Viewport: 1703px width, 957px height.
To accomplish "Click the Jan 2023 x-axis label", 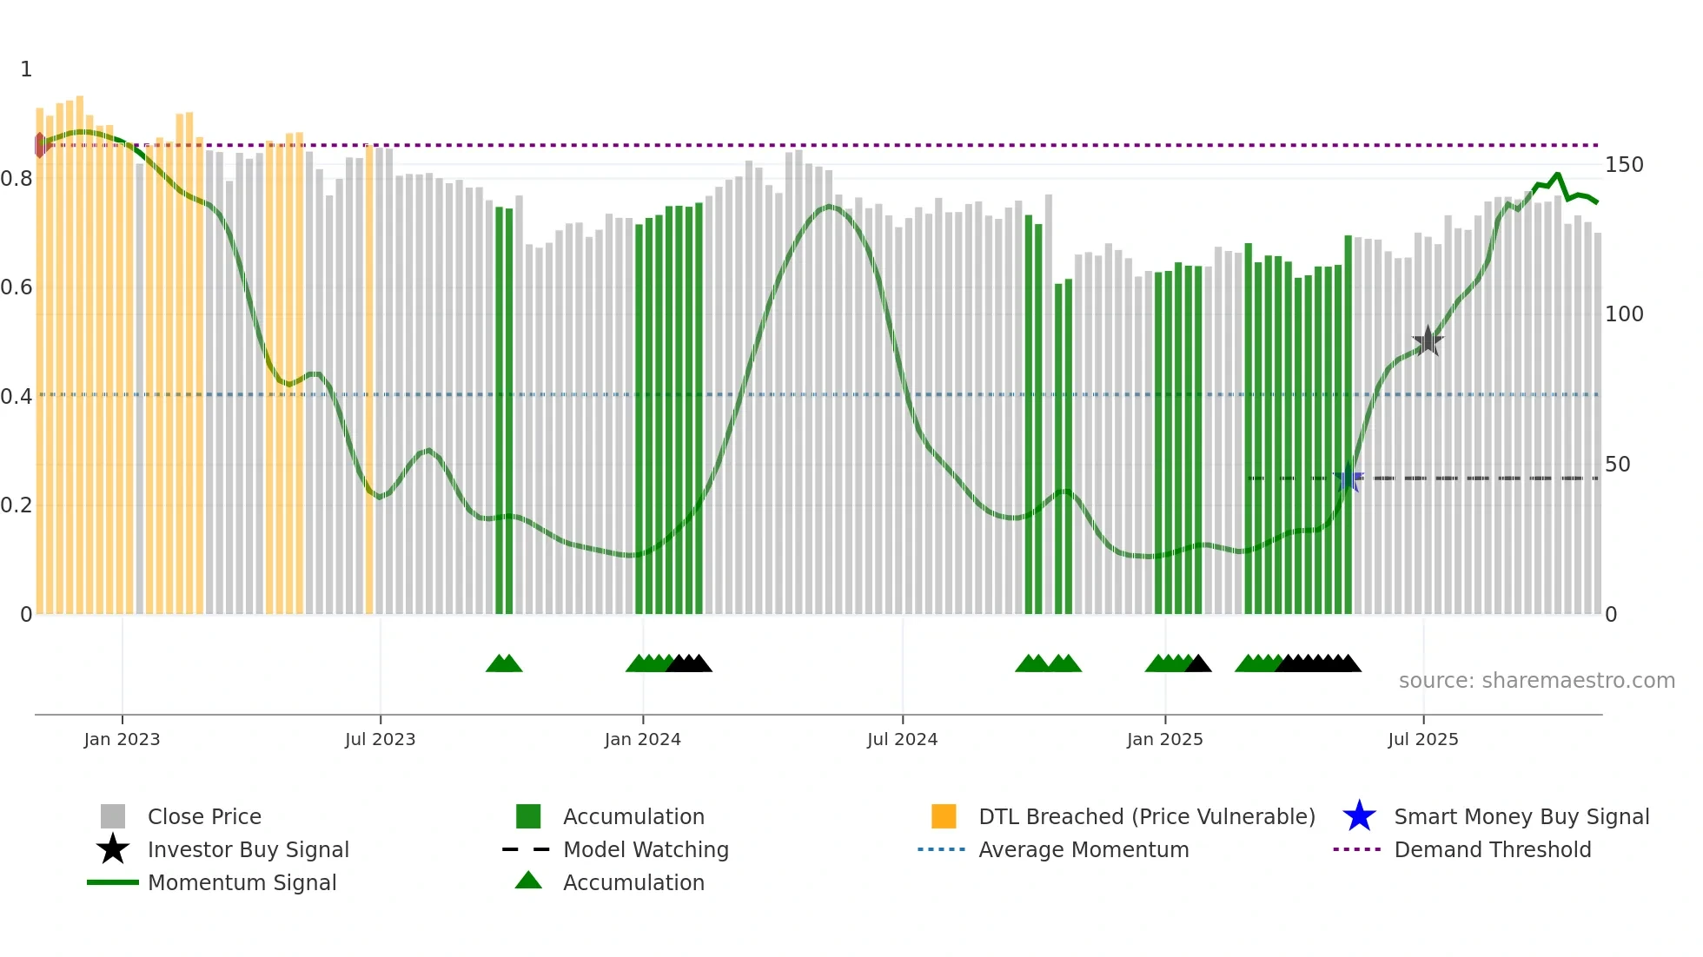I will pos(122,739).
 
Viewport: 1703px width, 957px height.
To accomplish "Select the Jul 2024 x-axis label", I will pos(902,739).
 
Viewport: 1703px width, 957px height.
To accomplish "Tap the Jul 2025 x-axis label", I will pos(1422,739).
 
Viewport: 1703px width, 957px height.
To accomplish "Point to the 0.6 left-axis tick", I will pos(17,287).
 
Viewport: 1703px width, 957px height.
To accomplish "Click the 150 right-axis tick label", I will pos(1624,165).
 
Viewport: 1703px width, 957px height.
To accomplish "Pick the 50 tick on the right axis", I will pos(1617,465).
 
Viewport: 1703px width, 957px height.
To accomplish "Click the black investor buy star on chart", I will pos(1428,341).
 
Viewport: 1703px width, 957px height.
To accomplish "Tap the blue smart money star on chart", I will pos(1348,478).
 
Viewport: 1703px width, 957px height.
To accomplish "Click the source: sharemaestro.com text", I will pos(1536,681).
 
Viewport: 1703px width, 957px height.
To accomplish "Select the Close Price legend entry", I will pos(204,816).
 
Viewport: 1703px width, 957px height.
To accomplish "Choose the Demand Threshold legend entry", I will pos(1492,849).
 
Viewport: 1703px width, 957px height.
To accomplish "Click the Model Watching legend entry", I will pos(645,849).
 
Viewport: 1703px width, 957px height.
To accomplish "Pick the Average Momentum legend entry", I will pos(1083,849).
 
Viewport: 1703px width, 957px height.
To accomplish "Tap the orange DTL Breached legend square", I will pos(944,816).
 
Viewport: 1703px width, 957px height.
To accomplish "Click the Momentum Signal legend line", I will pos(113,882).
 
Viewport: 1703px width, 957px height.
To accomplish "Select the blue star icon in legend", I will pos(1359,816).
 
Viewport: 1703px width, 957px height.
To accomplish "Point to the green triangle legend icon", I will pos(528,881).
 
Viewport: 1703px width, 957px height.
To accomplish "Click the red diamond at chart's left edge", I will pos(40,145).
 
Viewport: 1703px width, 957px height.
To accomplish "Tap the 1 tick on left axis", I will pos(26,69).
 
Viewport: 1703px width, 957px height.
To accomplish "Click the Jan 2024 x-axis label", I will pos(642,739).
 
